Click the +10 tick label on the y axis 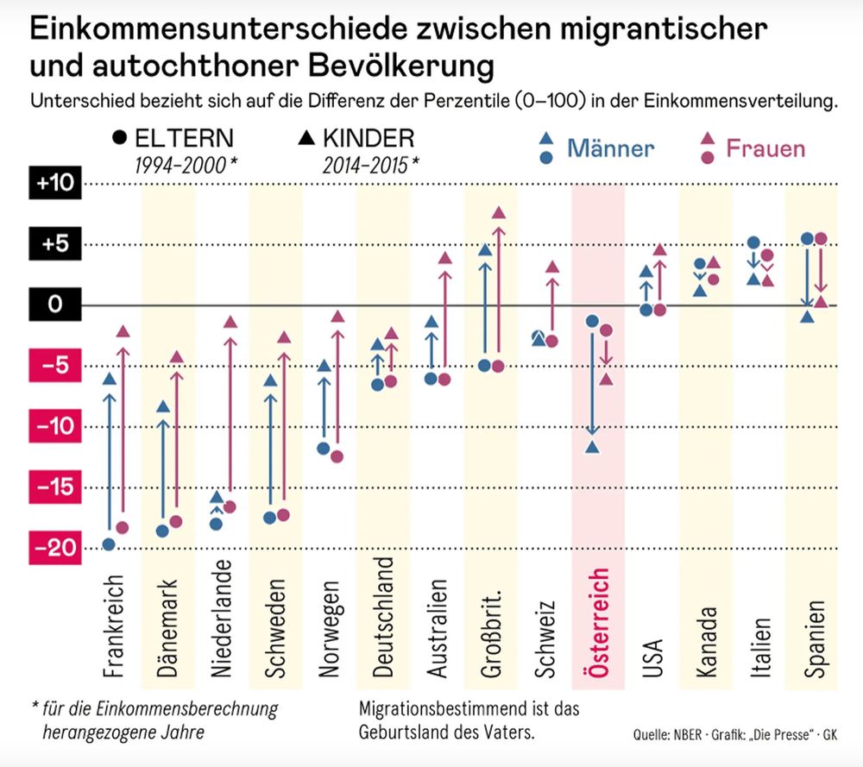point(55,184)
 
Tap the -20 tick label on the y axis point(55,548)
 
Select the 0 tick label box point(55,305)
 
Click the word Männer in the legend point(610,148)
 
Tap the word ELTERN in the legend point(183,139)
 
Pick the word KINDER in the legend point(369,139)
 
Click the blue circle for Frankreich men point(109,544)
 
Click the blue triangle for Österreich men point(592,447)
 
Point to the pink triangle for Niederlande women point(230,322)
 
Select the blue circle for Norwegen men point(324,448)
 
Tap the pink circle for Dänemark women point(176,521)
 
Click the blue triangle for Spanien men point(807,317)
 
